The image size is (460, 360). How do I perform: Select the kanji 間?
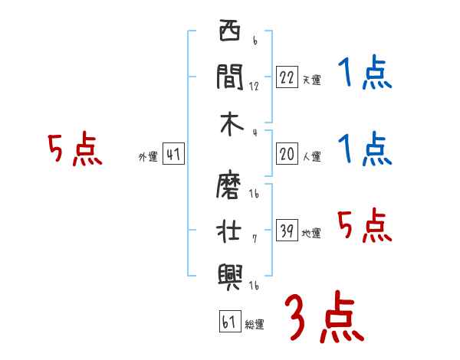[x=230, y=77]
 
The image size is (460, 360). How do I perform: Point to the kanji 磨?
[x=230, y=184]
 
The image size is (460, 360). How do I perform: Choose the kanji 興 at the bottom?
[x=230, y=274]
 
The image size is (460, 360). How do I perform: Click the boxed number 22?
[x=287, y=77]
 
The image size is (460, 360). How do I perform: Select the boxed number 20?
[x=287, y=155]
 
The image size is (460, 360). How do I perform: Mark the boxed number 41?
[x=173, y=155]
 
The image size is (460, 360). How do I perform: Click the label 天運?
[x=311, y=80]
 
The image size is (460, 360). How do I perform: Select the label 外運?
[x=147, y=158]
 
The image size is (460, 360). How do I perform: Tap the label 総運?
[x=255, y=325]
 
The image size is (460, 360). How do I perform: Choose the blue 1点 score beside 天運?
[x=364, y=74]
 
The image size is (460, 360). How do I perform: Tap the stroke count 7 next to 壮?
[x=254, y=237]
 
